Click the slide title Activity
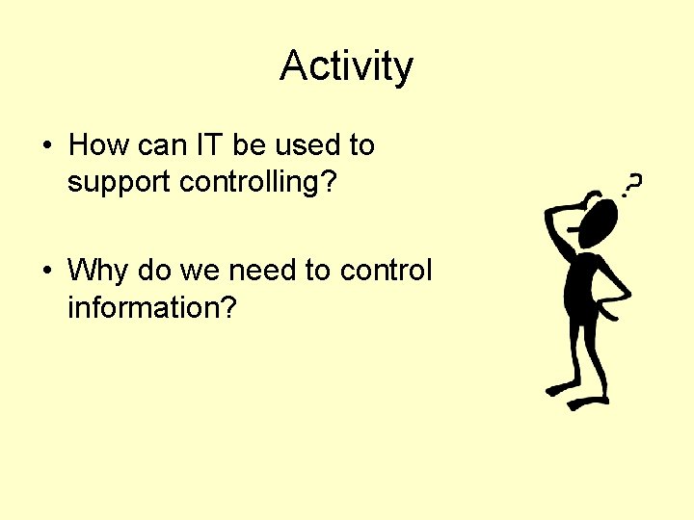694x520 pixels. [x=346, y=66]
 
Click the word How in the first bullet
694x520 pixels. [x=93, y=145]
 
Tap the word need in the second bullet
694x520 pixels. [x=262, y=271]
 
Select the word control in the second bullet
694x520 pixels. [x=386, y=271]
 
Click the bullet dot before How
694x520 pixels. [x=46, y=146]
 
